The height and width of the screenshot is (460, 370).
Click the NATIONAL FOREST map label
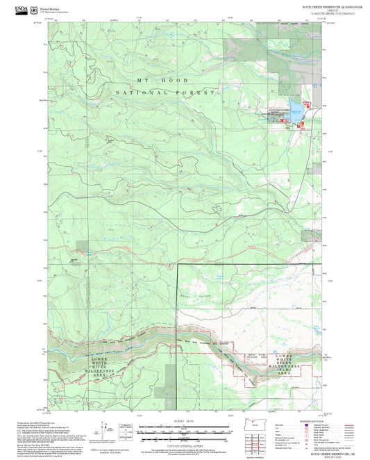pyautogui.click(x=166, y=92)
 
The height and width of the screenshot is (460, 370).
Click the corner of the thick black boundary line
pyautogui.click(x=178, y=265)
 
